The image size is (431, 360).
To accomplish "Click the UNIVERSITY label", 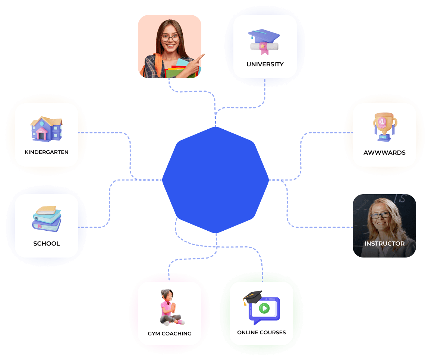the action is point(265,64).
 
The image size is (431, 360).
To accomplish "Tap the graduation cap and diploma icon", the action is point(264,42).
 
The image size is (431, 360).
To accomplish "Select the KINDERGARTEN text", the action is point(47,152).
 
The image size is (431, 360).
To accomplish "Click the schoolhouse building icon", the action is point(47,129).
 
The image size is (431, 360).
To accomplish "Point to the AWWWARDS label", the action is point(384,153).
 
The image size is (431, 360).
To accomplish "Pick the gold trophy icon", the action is point(385,127).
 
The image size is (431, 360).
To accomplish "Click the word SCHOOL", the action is point(47,243).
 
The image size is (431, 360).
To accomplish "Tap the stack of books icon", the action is point(47,219).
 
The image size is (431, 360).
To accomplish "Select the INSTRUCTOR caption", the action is point(384,243).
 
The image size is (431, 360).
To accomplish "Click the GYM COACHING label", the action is point(170,334).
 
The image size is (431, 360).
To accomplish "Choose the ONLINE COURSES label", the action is point(261,332).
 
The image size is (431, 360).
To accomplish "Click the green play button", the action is point(264,308).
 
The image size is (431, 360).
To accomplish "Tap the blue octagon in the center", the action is point(215,180).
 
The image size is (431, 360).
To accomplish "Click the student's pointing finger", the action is point(201,57).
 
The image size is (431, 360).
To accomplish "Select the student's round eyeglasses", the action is point(170,38).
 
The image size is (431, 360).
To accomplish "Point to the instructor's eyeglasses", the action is point(381,215).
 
